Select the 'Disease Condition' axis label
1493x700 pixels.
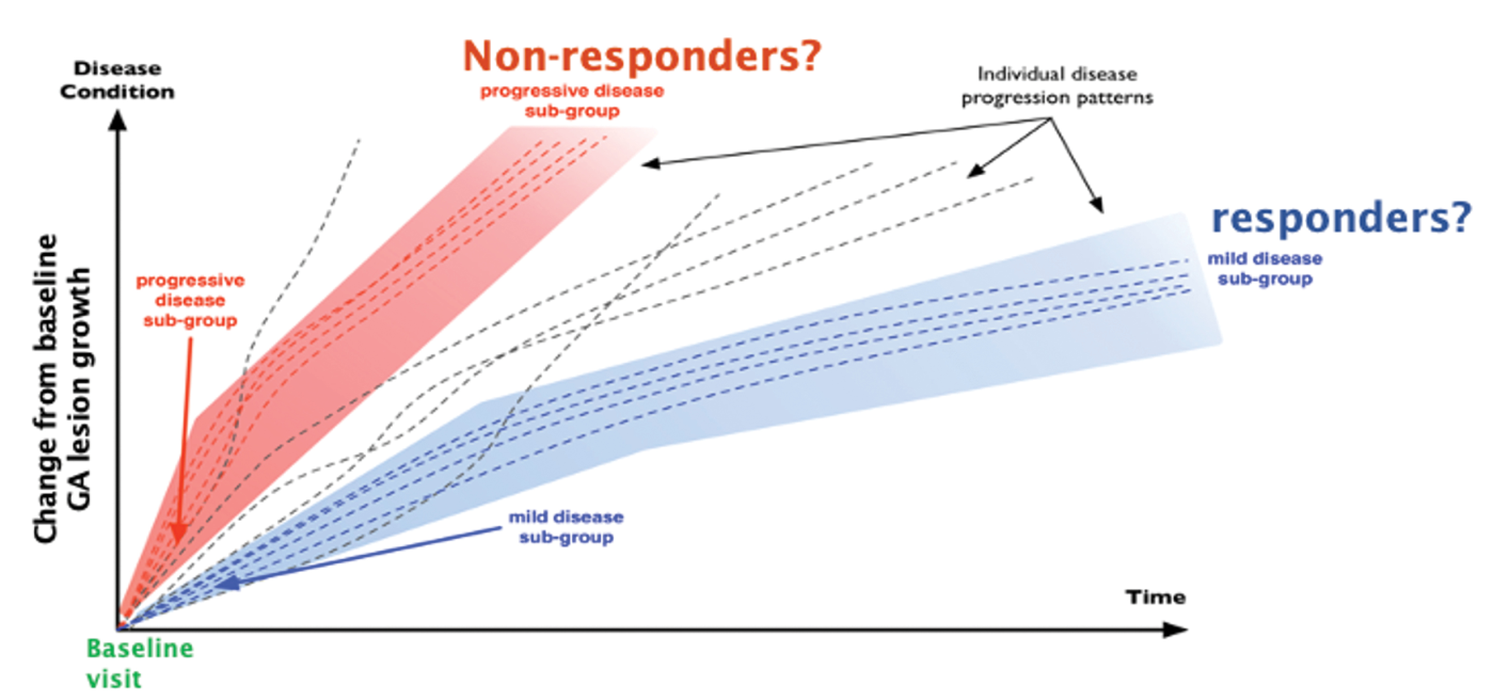tap(117, 80)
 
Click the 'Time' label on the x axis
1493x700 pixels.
tap(1155, 597)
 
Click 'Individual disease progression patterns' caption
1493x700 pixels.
tap(1057, 86)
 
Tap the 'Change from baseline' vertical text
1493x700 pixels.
tap(46, 388)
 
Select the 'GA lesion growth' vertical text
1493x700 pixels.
tap(79, 388)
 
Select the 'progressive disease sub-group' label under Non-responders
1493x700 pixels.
tap(572, 100)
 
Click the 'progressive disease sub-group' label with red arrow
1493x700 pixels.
tap(190, 300)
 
